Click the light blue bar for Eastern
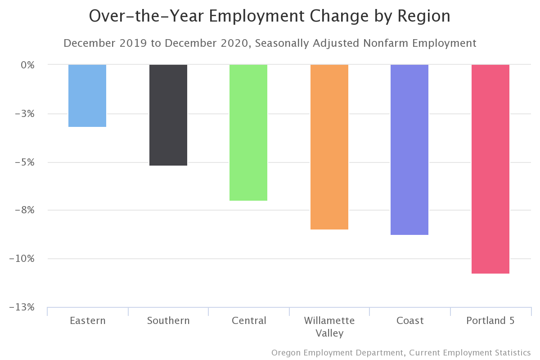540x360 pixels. tap(87, 96)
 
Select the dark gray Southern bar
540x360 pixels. tap(168, 115)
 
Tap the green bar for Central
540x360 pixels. tap(248, 133)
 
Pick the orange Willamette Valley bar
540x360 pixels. tap(329, 147)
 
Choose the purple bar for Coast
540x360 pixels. tap(409, 150)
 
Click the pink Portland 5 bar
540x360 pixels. tap(490, 169)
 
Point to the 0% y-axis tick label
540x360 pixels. tap(27, 65)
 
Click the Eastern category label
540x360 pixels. tap(88, 321)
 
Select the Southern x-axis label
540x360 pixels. tap(168, 321)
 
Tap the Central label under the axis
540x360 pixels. tap(249, 321)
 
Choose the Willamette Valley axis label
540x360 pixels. tap(329, 327)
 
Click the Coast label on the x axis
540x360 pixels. tap(410, 321)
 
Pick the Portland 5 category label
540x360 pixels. tap(490, 321)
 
